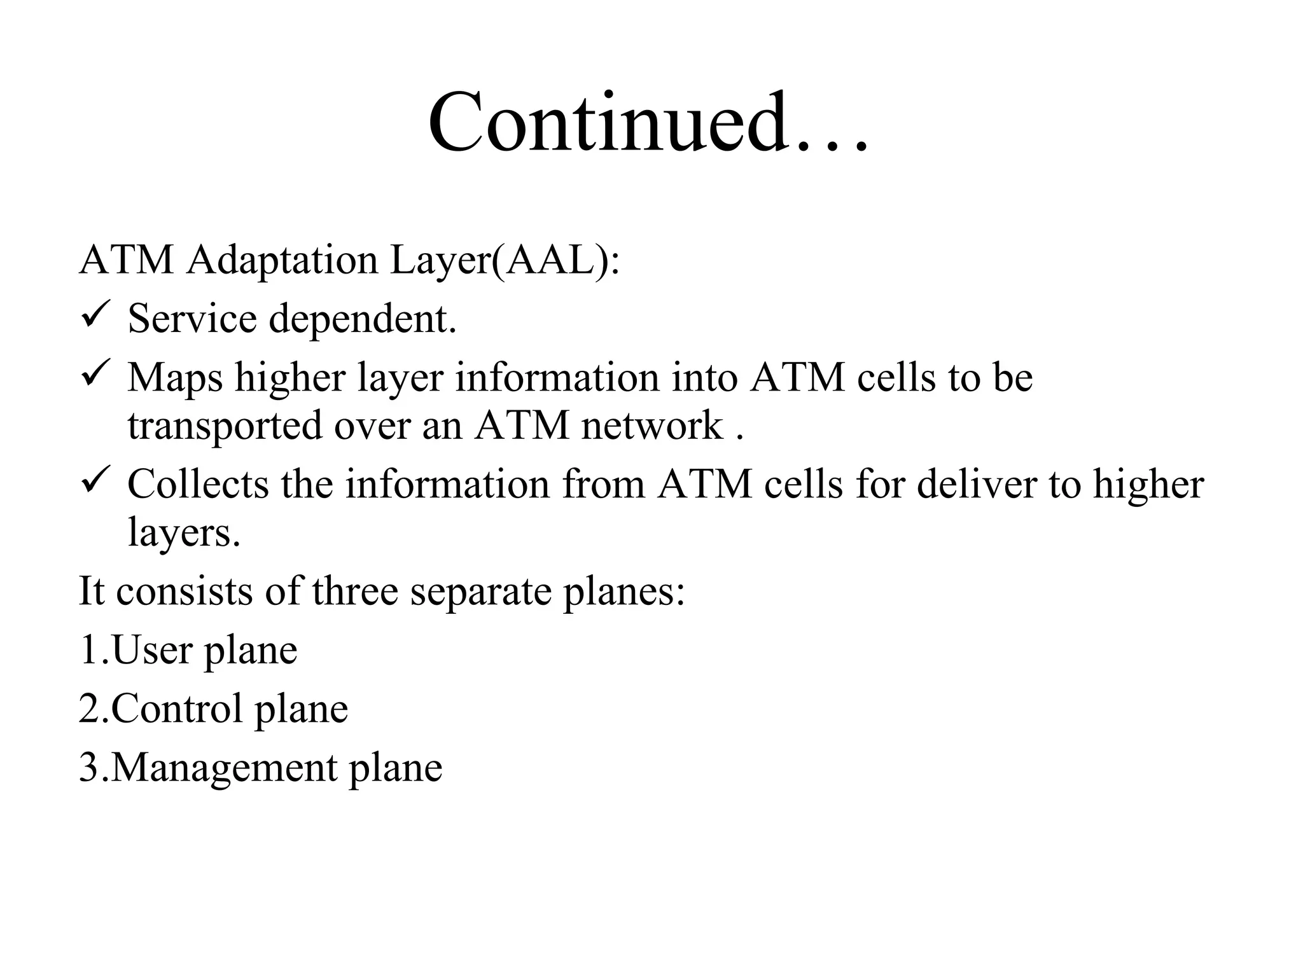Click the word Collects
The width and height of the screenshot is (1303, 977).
click(198, 484)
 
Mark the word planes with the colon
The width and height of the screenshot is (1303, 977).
click(624, 591)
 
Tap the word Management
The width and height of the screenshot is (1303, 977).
click(225, 768)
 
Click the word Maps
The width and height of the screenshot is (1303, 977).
click(175, 378)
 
